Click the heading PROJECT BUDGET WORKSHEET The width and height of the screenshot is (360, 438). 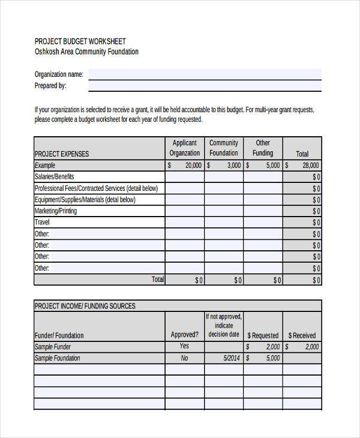coord(80,41)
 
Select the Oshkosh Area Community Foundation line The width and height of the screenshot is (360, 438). coord(86,52)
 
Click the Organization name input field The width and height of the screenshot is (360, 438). coord(205,74)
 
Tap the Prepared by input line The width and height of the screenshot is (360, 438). coord(205,86)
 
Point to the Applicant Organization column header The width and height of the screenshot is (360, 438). coord(184,148)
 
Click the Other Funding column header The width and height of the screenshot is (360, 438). coord(263,148)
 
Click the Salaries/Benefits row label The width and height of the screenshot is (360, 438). coord(55,177)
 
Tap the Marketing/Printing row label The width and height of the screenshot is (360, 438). coord(56,211)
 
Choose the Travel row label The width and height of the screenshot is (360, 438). coord(43,223)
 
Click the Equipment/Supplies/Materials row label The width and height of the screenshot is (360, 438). coord(85,200)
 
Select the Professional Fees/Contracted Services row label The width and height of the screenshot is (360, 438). coord(97,188)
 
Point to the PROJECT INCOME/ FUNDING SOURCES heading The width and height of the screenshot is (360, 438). coord(85,306)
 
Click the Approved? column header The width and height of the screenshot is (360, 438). coord(184,335)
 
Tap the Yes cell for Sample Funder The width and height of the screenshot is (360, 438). coord(184,347)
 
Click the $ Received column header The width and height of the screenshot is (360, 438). coord(302,335)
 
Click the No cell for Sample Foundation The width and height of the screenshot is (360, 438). coord(184,358)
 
